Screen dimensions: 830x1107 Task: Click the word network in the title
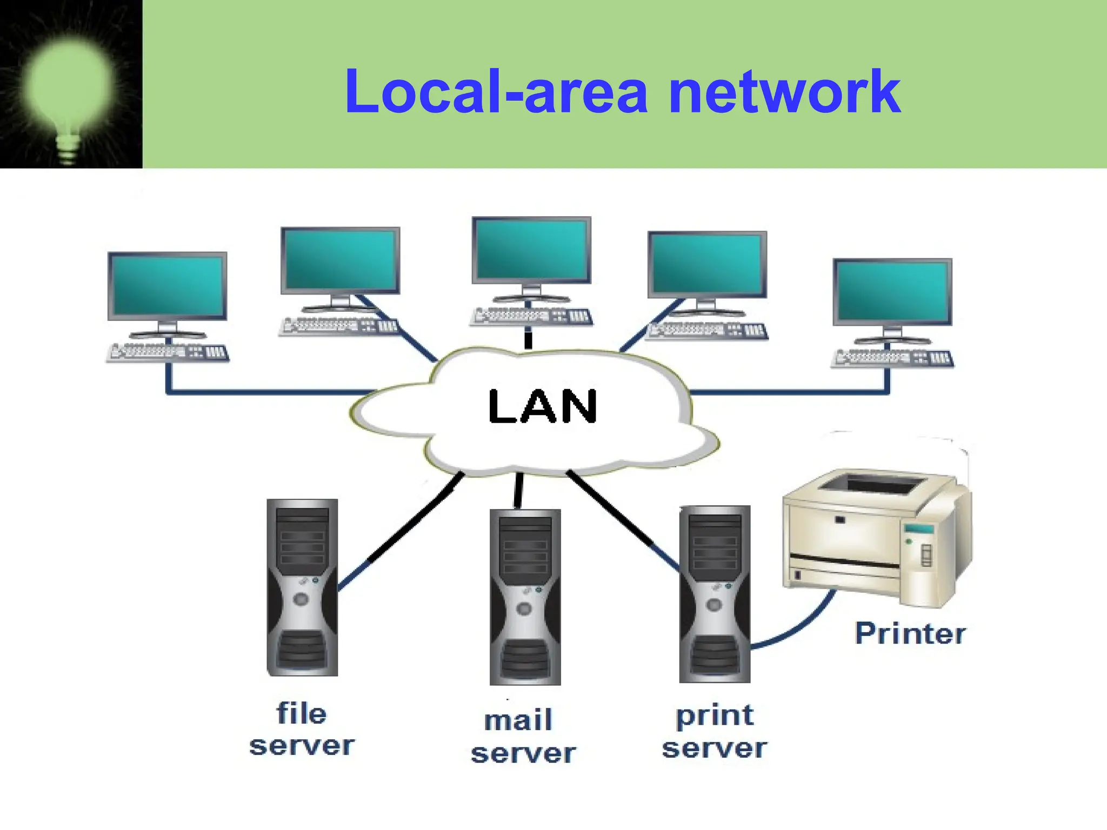click(x=784, y=92)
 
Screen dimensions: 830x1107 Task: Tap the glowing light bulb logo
click(x=69, y=86)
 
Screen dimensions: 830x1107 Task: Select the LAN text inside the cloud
click(x=542, y=406)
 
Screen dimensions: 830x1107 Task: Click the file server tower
click(x=302, y=587)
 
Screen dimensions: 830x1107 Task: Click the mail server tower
click(x=525, y=597)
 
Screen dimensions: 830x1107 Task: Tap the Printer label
click(x=910, y=633)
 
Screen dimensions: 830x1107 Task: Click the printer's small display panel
click(x=919, y=528)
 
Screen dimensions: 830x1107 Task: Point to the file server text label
click(x=302, y=729)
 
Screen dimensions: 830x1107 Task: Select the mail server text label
click(x=523, y=737)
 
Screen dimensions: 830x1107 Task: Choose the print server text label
click(x=714, y=732)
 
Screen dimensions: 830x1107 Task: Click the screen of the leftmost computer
click(x=168, y=285)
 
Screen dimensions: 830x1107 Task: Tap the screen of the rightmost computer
click(x=892, y=292)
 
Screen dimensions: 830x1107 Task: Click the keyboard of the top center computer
click(x=531, y=317)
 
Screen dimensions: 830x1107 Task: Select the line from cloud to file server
click(x=411, y=524)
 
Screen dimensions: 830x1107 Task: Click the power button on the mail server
click(x=524, y=609)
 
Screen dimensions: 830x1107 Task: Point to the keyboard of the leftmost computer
click(x=168, y=352)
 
